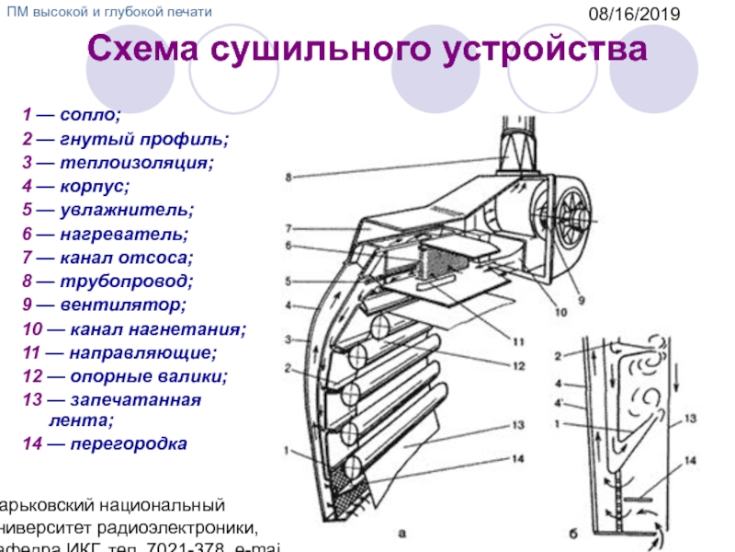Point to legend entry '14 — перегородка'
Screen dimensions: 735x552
[x=106, y=444]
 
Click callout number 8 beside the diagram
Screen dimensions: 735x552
[x=288, y=177]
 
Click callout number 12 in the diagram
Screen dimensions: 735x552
[x=519, y=366]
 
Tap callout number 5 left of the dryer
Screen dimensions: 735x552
[x=288, y=282]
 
